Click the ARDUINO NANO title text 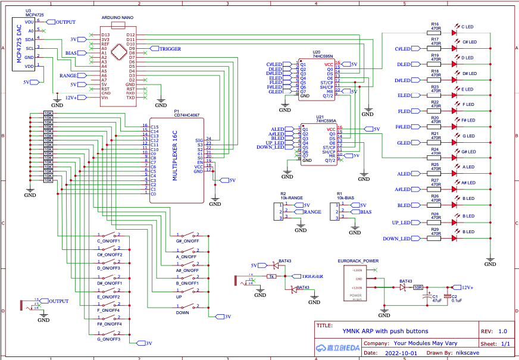click(117, 18)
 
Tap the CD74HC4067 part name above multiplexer click(187, 115)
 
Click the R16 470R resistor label click(435, 26)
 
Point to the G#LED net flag click(404, 143)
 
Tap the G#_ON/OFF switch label click(187, 242)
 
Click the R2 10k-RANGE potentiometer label click(291, 196)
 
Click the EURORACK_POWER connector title click(358, 261)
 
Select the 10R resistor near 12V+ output click(418, 287)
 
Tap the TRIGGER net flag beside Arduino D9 click(169, 49)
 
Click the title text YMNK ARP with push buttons click(385, 331)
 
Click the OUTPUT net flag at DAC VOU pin click(63, 22)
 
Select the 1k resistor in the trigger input click(271, 277)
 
